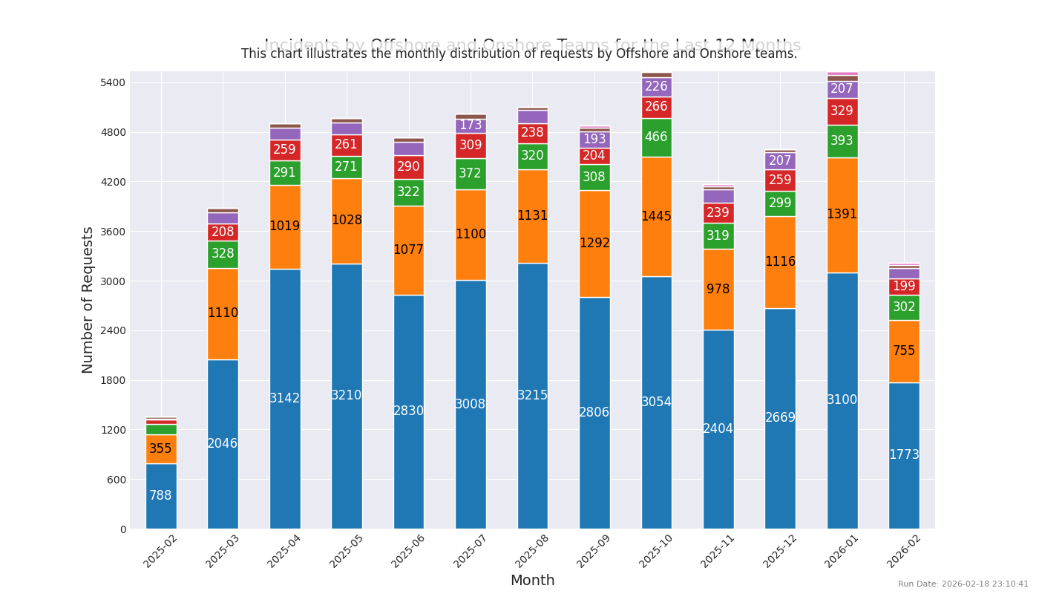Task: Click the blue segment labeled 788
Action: [x=161, y=495]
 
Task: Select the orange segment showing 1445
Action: [x=657, y=216]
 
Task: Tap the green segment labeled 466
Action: [x=657, y=137]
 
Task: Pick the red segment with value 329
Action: [x=842, y=111]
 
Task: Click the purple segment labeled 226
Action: [x=657, y=87]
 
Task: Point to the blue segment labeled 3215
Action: [x=533, y=395]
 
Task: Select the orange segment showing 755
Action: [x=904, y=351]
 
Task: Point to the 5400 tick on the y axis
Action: [x=114, y=82]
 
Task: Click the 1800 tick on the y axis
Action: [x=114, y=380]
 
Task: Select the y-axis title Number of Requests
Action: [x=88, y=300]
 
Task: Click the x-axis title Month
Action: [x=532, y=581]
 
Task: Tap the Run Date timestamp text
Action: [x=963, y=584]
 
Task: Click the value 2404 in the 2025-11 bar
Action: [x=718, y=428]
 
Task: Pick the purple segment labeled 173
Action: [x=471, y=125]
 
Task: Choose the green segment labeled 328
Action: [x=223, y=254]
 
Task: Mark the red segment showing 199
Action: [x=904, y=287]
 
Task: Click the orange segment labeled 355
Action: [x=161, y=449]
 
